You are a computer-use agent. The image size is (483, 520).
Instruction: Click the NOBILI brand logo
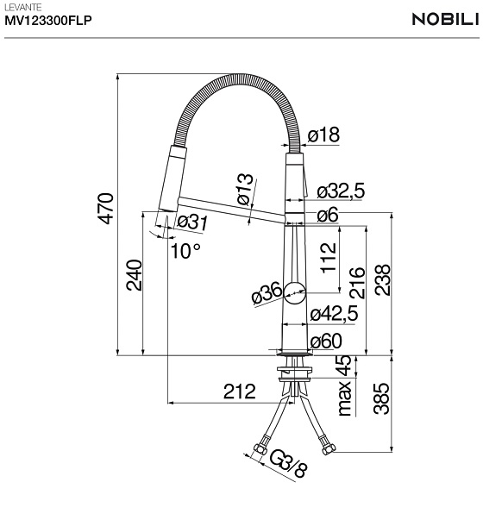[447, 19]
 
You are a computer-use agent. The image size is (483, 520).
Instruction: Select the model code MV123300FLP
[48, 21]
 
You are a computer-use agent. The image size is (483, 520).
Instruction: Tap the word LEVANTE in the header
[23, 7]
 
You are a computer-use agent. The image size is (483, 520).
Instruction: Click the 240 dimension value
[134, 275]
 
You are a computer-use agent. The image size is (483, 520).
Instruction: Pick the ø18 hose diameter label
[323, 135]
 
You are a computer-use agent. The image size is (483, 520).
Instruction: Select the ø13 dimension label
[245, 190]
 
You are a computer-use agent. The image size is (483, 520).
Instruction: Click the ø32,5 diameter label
[341, 191]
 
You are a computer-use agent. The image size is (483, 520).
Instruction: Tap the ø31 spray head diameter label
[192, 222]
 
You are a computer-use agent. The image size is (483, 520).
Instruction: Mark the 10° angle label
[185, 251]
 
